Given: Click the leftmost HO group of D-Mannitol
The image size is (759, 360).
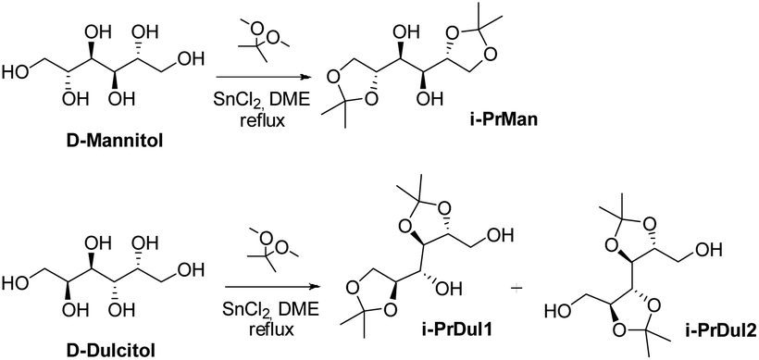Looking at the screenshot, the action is click(17, 70).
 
